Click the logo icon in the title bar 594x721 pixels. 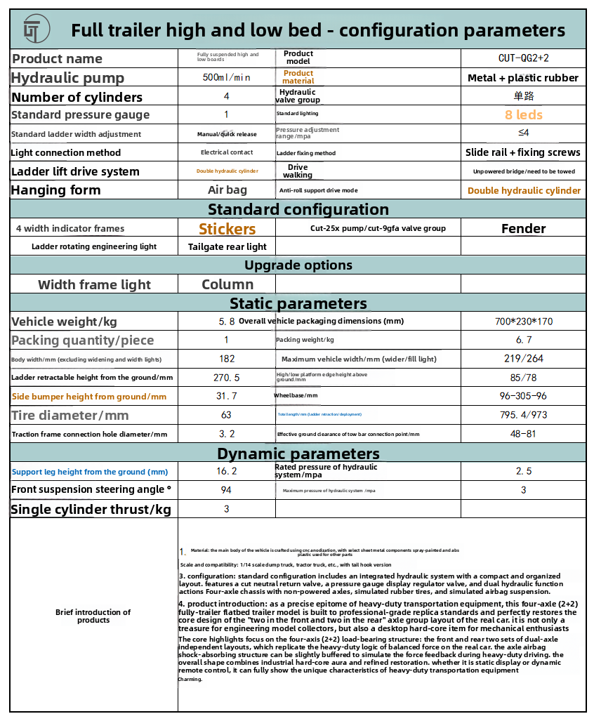click(x=32, y=30)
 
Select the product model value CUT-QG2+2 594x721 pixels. click(x=523, y=58)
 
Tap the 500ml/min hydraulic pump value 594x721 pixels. click(x=226, y=77)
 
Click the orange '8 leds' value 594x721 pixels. click(x=523, y=114)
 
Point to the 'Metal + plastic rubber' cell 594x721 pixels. click(x=523, y=78)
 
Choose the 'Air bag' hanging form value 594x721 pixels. click(x=226, y=190)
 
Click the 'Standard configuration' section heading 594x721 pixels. click(x=298, y=209)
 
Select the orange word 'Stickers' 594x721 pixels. click(x=227, y=229)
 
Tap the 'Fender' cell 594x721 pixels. click(x=523, y=228)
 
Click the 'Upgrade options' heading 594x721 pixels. click(x=298, y=265)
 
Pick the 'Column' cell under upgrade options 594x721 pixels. click(x=227, y=284)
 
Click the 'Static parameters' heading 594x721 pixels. click(x=298, y=303)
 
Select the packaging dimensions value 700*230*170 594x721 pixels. click(x=523, y=322)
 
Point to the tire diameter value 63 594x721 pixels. click(x=226, y=416)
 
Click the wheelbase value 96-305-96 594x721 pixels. click(x=523, y=396)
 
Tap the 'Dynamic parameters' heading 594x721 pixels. click(x=298, y=453)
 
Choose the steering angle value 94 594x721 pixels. click(x=226, y=490)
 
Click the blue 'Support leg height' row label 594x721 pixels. click(x=90, y=472)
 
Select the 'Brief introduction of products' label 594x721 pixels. click(x=93, y=616)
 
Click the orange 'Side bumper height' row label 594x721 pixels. click(x=89, y=397)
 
